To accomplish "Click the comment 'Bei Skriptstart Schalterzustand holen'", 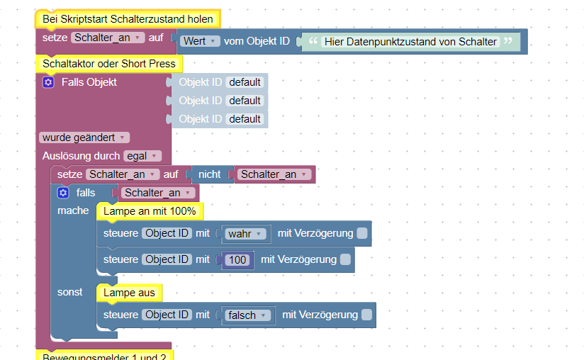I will pyautogui.click(x=128, y=19).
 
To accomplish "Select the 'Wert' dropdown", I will pyautogui.click(x=200, y=41).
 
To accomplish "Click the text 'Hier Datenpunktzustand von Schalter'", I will pyautogui.click(x=410, y=42).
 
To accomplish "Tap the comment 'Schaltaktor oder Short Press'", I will pyautogui.click(x=108, y=64).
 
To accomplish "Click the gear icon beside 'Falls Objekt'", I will pyautogui.click(x=48, y=82).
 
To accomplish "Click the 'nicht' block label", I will pyautogui.click(x=209, y=174).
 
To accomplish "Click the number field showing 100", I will pyautogui.click(x=237, y=260).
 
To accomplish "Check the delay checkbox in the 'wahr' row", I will pyautogui.click(x=362, y=233).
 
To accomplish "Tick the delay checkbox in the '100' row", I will pyautogui.click(x=345, y=260).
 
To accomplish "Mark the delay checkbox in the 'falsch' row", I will pyautogui.click(x=366, y=315).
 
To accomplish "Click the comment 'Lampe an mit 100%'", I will pyautogui.click(x=150, y=211).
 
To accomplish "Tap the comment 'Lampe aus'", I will pyautogui.click(x=129, y=292).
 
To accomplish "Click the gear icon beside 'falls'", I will pyautogui.click(x=63, y=193).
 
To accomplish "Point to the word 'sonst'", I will pyautogui.click(x=70, y=292).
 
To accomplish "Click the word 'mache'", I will pyautogui.click(x=73, y=210).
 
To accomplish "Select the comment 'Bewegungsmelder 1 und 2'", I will pyautogui.click(x=104, y=356).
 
